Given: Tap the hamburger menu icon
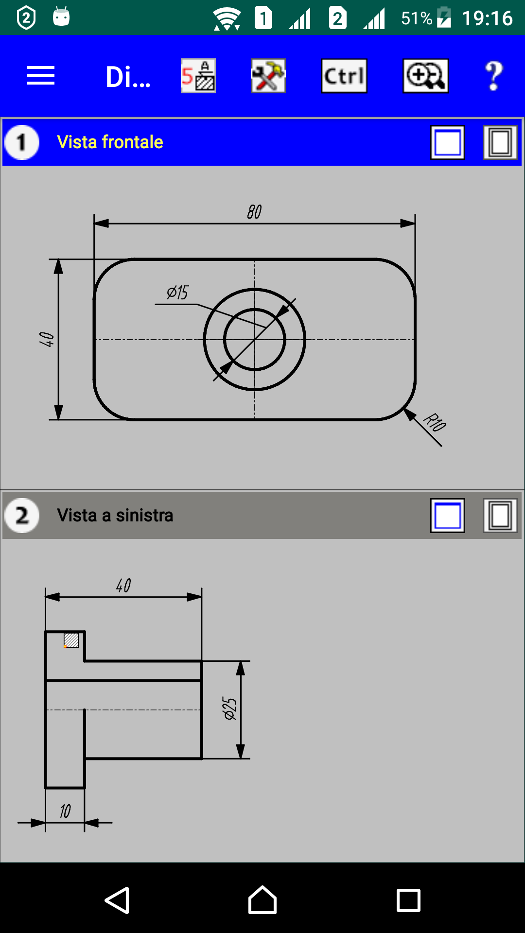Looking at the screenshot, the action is [x=41, y=76].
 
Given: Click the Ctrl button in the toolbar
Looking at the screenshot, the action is [x=344, y=76].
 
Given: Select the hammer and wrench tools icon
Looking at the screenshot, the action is [x=268, y=76].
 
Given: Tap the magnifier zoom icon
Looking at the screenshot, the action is [x=426, y=76].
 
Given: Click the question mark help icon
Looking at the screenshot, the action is [x=494, y=76].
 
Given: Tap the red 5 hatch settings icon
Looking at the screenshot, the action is [x=198, y=76].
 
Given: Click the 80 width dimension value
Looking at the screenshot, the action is [x=254, y=212].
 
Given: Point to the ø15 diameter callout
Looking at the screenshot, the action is [x=177, y=293].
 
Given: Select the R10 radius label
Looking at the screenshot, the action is [x=435, y=422].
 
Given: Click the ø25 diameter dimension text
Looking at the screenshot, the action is [x=229, y=708].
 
